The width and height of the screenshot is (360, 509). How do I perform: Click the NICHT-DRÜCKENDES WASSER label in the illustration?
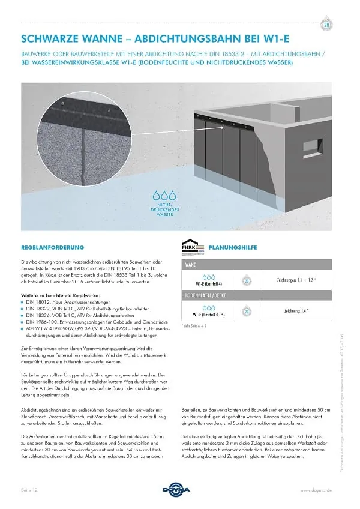[x=164, y=210]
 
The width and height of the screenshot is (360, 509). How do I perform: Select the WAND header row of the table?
[x=257, y=264]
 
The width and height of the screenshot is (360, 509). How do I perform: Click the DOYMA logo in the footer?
[x=180, y=490]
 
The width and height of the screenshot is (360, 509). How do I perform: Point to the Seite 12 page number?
[x=31, y=490]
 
